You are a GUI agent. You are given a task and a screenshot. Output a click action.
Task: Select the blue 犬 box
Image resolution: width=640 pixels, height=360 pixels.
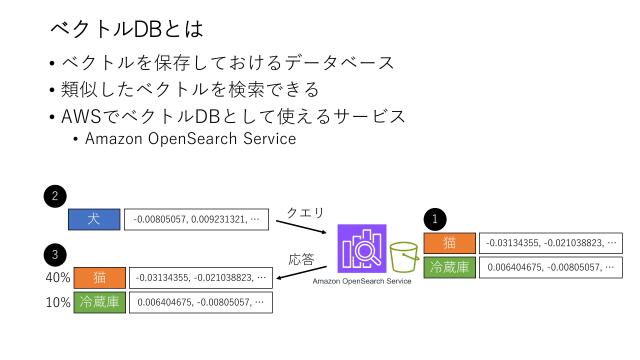click(93, 219)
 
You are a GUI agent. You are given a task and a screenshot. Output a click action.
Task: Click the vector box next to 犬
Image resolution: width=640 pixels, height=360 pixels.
click(197, 219)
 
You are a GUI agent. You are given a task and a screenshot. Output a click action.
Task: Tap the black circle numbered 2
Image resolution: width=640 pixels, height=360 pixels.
click(58, 194)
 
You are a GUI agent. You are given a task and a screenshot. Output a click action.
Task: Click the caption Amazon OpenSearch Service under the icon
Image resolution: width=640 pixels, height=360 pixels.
click(362, 282)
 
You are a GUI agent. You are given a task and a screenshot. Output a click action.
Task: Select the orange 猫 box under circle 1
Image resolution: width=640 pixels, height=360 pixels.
click(449, 243)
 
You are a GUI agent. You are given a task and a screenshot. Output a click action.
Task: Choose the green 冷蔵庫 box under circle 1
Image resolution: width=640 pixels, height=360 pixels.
click(449, 267)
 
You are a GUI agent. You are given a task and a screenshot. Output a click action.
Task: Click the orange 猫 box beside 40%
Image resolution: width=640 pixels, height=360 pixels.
click(99, 277)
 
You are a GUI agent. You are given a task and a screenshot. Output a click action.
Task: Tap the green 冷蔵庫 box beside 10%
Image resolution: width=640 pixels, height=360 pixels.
click(99, 302)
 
